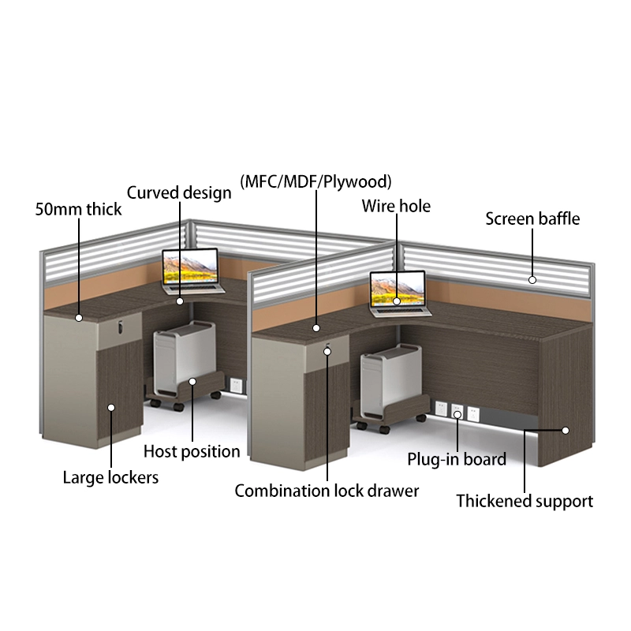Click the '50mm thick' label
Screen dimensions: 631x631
(x=79, y=209)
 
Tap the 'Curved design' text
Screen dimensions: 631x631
(x=180, y=192)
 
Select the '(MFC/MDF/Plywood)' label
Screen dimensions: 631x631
(x=315, y=181)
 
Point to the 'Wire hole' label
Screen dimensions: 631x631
(x=396, y=206)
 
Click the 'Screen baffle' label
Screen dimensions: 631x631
(x=532, y=218)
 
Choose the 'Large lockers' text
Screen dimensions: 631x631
(x=110, y=477)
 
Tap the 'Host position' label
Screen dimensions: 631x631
(x=192, y=451)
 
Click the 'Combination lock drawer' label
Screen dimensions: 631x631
(x=327, y=491)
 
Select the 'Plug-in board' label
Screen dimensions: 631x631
(x=457, y=459)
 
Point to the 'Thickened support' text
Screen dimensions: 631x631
(x=525, y=501)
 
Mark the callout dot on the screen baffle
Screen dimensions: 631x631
(x=532, y=279)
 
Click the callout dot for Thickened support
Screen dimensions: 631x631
(x=566, y=431)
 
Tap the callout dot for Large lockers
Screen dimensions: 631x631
(x=111, y=408)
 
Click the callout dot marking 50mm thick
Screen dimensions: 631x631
(x=79, y=318)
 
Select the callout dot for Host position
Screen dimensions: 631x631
(x=192, y=383)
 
